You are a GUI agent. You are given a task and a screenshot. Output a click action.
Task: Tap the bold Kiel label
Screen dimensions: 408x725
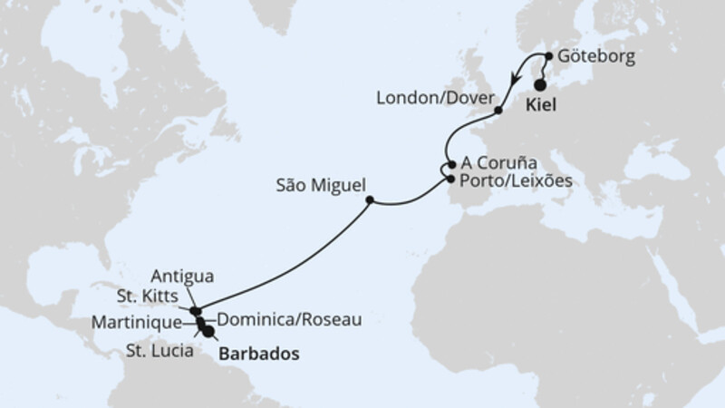pos(541,105)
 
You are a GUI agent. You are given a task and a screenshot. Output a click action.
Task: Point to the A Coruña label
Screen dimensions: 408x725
pos(500,164)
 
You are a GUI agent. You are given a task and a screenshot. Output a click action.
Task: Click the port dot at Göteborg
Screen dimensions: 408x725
pos(549,55)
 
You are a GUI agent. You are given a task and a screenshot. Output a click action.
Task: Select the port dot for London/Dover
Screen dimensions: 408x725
pos(499,111)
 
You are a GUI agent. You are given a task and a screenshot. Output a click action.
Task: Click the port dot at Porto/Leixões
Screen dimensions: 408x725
pos(450,180)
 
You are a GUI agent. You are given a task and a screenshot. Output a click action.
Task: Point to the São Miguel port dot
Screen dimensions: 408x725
pos(369,200)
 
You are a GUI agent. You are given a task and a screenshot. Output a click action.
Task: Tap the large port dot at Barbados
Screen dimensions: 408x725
pos(210,333)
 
